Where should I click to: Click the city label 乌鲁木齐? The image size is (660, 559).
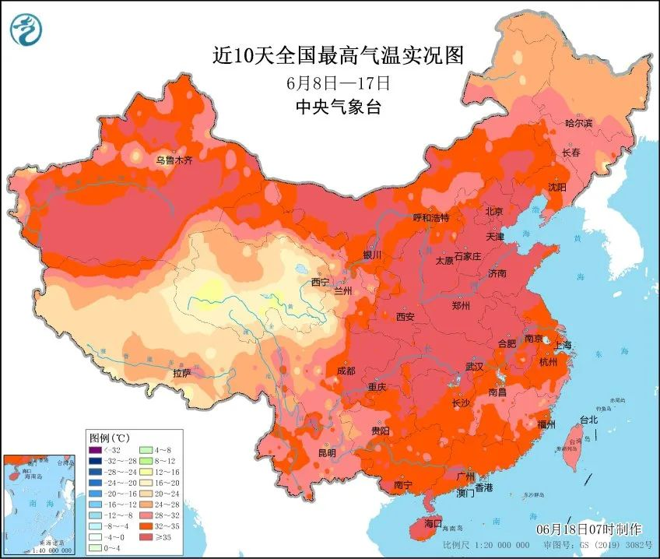[174, 160]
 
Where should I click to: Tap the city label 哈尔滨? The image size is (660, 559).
[578, 124]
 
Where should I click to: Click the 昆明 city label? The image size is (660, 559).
[327, 452]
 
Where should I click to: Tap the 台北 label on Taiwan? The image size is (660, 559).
[589, 420]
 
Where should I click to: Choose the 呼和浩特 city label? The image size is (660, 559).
[431, 218]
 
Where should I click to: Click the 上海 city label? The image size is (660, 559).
[563, 345]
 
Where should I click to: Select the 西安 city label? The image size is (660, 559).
[405, 317]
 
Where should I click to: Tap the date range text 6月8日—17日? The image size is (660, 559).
[338, 83]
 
